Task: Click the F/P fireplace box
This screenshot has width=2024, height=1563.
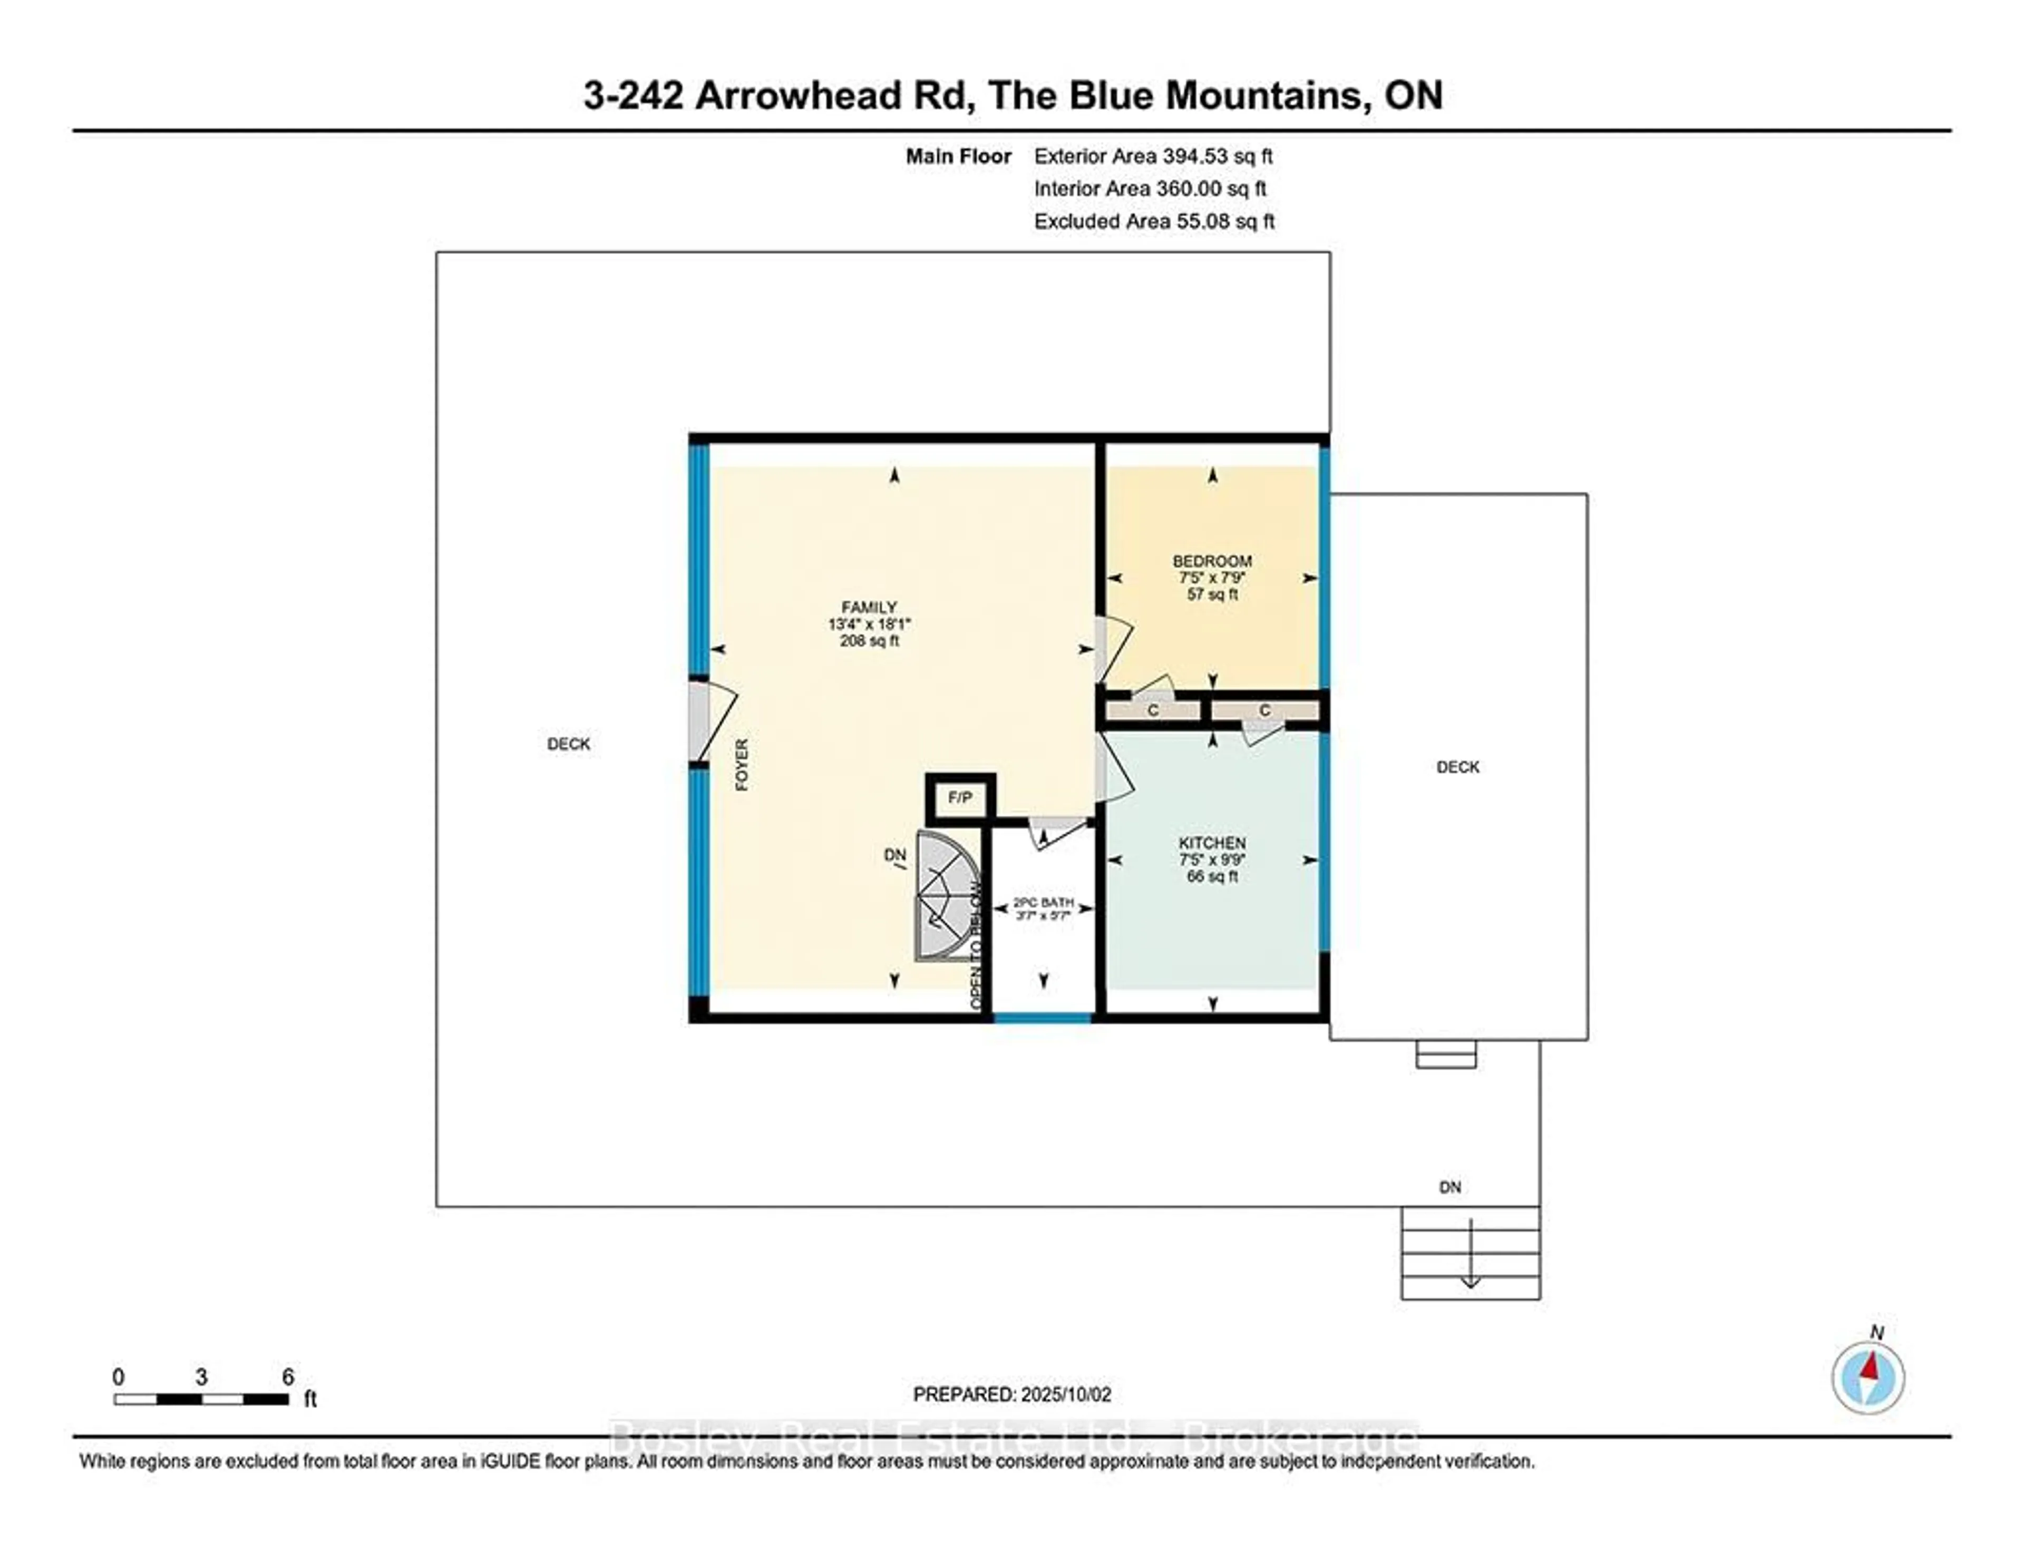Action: pyautogui.click(x=960, y=798)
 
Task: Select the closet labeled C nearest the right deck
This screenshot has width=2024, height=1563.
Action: pyautogui.click(x=1264, y=711)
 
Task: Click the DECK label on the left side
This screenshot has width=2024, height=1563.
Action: pyautogui.click(x=568, y=744)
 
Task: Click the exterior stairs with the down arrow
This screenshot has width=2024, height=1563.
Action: pyautogui.click(x=1470, y=1253)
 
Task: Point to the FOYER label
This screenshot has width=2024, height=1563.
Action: pyautogui.click(x=742, y=765)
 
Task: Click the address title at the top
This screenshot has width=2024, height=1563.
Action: pyautogui.click(x=1012, y=95)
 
